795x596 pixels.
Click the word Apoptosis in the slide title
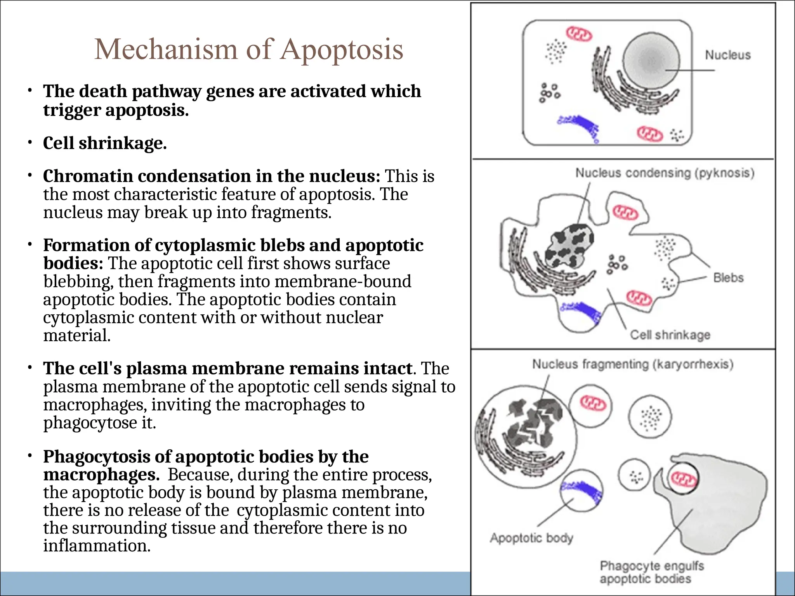tap(342, 50)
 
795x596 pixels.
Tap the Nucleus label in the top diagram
tap(727, 55)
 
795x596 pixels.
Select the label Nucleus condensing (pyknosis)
tap(665, 173)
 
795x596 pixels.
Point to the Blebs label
tap(728, 278)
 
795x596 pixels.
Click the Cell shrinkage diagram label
tap(670, 335)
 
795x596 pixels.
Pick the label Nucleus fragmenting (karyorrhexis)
tap(633, 364)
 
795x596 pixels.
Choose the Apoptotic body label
tap(531, 538)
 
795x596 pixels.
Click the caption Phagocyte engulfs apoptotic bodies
tap(652, 572)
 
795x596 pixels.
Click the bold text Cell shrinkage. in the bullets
tap(105, 143)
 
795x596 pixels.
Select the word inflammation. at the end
tap(97, 546)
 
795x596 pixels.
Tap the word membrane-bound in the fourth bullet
tap(343, 282)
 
